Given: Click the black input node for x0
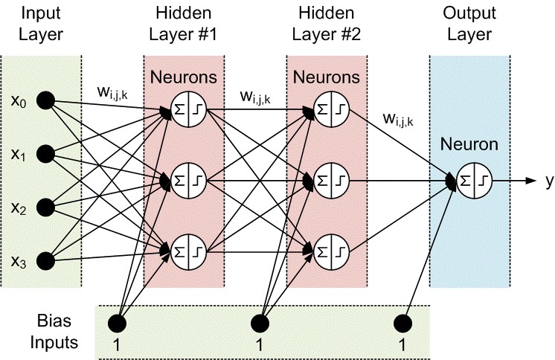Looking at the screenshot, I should click(x=46, y=100).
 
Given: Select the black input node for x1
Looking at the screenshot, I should click(x=46, y=154).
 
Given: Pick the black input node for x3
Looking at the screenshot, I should click(x=46, y=260).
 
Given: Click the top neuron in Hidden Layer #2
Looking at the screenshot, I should click(x=330, y=108).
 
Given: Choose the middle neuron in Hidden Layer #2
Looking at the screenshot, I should click(x=330, y=180).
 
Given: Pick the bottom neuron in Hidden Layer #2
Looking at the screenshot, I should click(x=330, y=251).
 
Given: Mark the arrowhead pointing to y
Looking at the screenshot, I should click(x=530, y=180).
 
